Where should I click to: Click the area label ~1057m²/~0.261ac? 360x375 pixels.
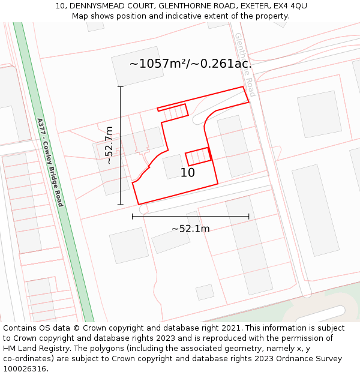click(x=190, y=64)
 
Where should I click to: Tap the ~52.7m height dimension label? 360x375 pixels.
click(x=109, y=145)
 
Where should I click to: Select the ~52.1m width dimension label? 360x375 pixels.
click(x=190, y=229)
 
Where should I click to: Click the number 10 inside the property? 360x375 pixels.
click(x=188, y=173)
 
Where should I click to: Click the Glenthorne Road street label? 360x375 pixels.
click(x=245, y=65)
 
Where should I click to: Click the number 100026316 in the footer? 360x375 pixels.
click(x=25, y=369)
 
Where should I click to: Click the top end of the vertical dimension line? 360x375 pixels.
click(x=121, y=86)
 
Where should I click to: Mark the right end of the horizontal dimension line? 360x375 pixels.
click(x=249, y=217)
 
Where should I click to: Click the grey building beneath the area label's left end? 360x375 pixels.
click(x=137, y=66)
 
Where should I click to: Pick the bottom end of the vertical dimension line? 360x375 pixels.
click(x=121, y=205)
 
